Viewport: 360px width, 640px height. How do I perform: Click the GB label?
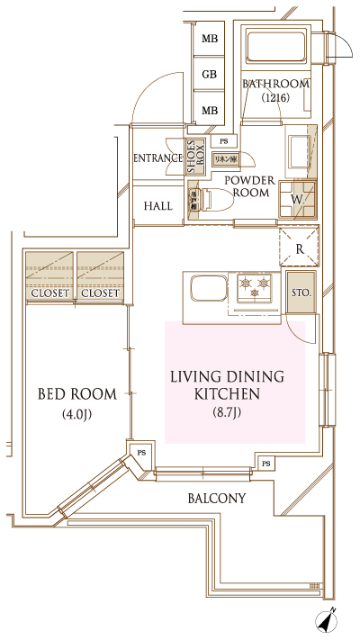pos(209,75)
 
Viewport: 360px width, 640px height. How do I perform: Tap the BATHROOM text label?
pos(276,84)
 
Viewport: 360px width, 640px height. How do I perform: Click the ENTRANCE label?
pos(158,158)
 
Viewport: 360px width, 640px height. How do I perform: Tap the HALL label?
pos(158,206)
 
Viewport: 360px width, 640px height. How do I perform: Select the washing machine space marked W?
pos(297,196)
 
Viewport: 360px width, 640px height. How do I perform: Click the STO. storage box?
pos(300,293)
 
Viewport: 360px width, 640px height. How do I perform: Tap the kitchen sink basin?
pos(206,291)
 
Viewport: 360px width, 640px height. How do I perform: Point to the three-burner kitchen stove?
pos(258,289)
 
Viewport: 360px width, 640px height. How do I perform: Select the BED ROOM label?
pos(77,393)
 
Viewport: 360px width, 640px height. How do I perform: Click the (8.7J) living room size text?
pos(227,412)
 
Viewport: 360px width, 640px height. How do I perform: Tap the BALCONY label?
pos(217,498)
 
